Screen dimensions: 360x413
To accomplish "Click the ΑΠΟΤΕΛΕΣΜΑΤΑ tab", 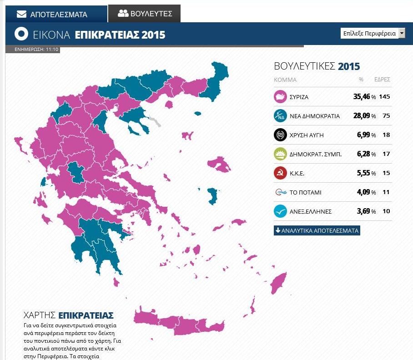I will tap(52, 14).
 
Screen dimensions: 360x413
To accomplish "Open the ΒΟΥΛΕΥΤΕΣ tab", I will tap(145, 13).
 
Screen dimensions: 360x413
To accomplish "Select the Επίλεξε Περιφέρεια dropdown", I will tap(373, 33).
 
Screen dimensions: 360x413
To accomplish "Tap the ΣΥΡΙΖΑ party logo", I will tap(280, 97).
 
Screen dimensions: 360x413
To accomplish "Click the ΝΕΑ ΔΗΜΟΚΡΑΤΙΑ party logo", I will tap(280, 116).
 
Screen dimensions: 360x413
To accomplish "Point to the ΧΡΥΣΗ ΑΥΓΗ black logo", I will tap(280, 135).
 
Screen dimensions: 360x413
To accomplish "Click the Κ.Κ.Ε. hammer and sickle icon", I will tap(280, 173).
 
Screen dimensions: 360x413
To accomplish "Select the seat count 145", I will tap(386, 97).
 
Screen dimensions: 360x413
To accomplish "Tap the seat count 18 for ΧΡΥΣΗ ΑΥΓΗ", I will tap(386, 135).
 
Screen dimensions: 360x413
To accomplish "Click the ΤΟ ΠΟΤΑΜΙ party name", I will tap(305, 192).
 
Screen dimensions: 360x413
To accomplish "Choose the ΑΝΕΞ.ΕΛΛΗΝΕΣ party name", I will tap(311, 211).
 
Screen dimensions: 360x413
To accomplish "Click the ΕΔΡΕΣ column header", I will tap(382, 80).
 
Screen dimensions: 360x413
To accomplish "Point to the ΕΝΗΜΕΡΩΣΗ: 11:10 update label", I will tap(32, 50).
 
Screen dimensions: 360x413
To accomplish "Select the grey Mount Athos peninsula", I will tap(156, 121).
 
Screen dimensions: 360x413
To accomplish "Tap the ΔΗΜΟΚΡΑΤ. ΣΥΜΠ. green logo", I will tap(280, 154).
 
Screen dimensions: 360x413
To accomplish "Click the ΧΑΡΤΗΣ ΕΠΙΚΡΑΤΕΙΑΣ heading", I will tap(68, 315).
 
